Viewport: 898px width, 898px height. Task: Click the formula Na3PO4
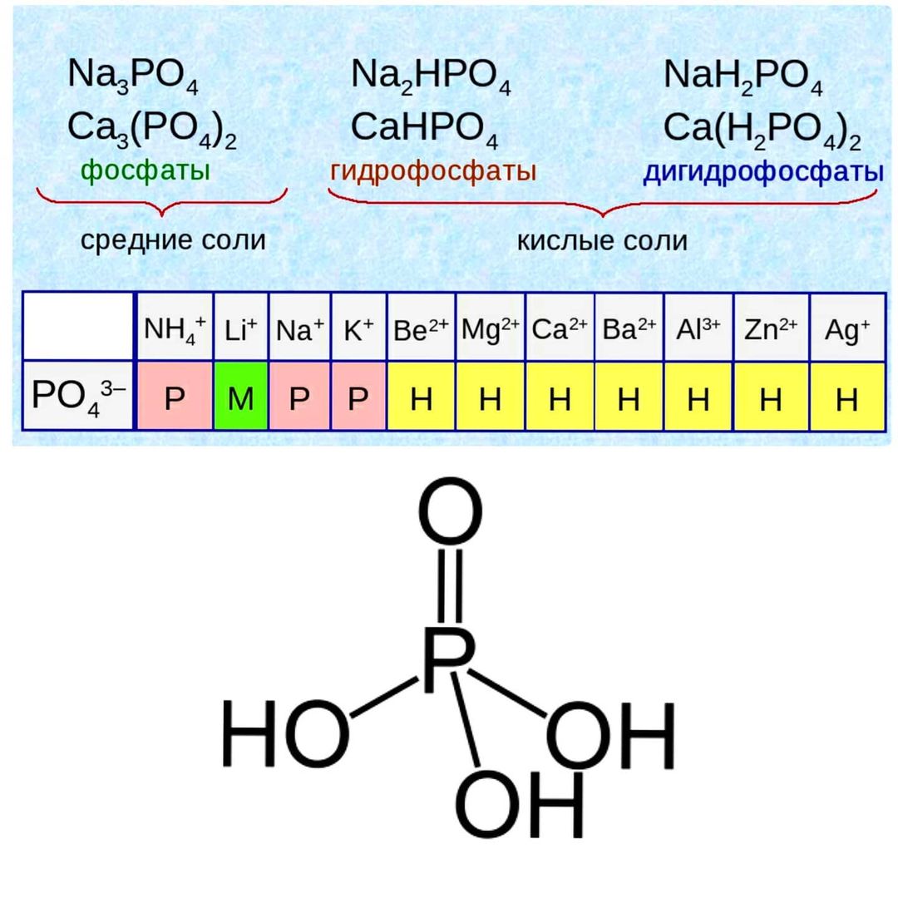pyautogui.click(x=133, y=76)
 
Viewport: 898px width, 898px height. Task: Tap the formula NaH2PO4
pyautogui.click(x=743, y=76)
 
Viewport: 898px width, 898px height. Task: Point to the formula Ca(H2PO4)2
pyautogui.click(x=762, y=130)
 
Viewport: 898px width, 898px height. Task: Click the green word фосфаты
pyautogui.click(x=146, y=170)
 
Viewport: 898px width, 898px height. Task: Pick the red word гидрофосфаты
pyautogui.click(x=433, y=171)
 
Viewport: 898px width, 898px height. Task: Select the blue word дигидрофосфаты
pyautogui.click(x=763, y=172)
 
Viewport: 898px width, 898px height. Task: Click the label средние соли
pyautogui.click(x=173, y=240)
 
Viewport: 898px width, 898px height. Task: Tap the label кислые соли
pyautogui.click(x=602, y=241)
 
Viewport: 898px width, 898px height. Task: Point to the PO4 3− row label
pyautogui.click(x=78, y=396)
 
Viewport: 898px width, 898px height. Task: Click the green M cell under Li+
pyautogui.click(x=240, y=396)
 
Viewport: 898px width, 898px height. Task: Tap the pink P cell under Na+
pyautogui.click(x=299, y=396)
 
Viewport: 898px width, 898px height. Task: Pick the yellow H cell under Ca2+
pyautogui.click(x=560, y=396)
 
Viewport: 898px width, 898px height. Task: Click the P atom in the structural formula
pyautogui.click(x=450, y=659)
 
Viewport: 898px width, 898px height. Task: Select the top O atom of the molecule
pyautogui.click(x=450, y=511)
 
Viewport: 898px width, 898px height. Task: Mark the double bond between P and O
pyautogui.click(x=450, y=585)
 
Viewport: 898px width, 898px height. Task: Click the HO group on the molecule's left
pyautogui.click(x=285, y=733)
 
